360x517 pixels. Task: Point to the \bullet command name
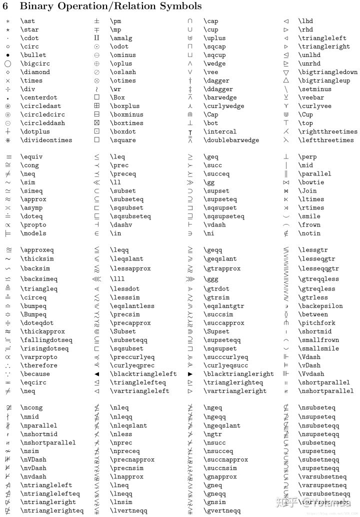[33, 55]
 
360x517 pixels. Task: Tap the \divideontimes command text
[46, 140]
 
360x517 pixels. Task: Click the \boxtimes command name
[126, 123]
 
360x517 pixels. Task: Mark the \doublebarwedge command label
[231, 140]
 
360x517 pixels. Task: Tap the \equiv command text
[31, 157]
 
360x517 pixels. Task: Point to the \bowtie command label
[311, 182]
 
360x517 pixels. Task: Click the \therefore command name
[38, 365]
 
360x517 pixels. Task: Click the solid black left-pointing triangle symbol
[97, 374]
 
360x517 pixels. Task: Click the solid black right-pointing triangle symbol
[190, 374]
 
